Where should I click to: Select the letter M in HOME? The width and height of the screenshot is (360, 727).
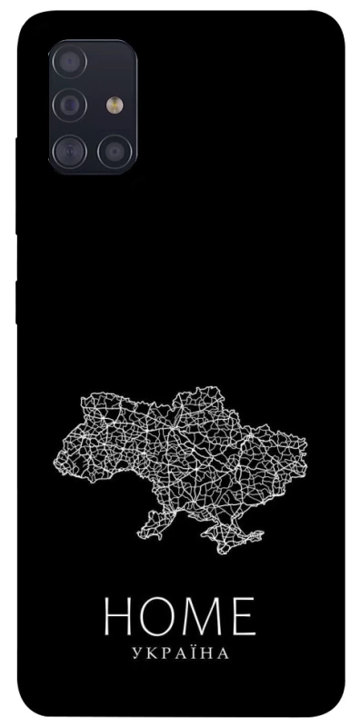pos(206,617)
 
